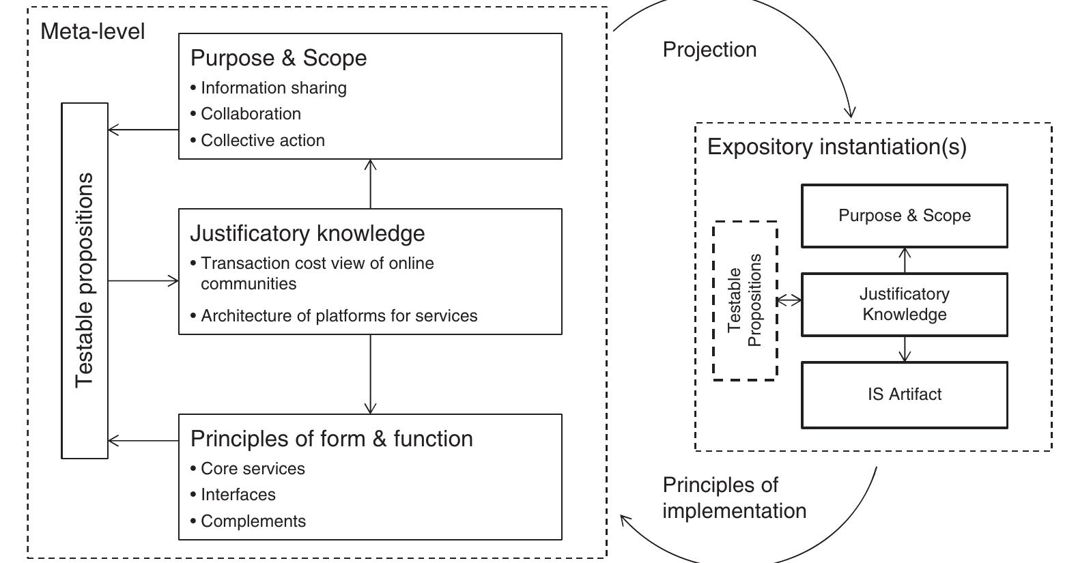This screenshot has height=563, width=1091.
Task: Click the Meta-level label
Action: (93, 31)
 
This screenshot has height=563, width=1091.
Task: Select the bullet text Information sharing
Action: (273, 88)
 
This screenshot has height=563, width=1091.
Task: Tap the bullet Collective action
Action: (262, 141)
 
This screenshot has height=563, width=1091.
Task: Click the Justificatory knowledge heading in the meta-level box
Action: (307, 233)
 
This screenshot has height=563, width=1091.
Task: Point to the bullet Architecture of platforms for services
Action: (339, 316)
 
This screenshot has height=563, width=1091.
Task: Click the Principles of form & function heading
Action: (332, 438)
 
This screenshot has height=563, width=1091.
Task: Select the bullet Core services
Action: (253, 469)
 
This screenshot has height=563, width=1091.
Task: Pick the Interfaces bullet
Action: (238, 495)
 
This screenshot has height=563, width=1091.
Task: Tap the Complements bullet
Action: (253, 521)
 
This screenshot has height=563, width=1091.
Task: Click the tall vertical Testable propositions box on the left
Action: (85, 280)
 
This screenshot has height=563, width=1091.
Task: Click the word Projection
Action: (709, 50)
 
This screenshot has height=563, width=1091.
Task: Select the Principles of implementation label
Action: (733, 498)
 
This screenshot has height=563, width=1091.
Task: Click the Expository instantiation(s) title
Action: (836, 147)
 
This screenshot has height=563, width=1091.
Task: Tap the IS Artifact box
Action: (904, 394)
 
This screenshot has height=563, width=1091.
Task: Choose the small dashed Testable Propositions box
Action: (745, 300)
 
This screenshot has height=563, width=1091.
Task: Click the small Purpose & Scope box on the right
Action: (904, 216)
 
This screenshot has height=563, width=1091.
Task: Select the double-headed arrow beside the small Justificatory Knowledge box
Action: (789, 300)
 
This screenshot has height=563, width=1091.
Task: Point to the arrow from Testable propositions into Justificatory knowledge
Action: (143, 280)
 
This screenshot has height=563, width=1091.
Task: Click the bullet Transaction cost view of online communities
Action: (317, 273)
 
